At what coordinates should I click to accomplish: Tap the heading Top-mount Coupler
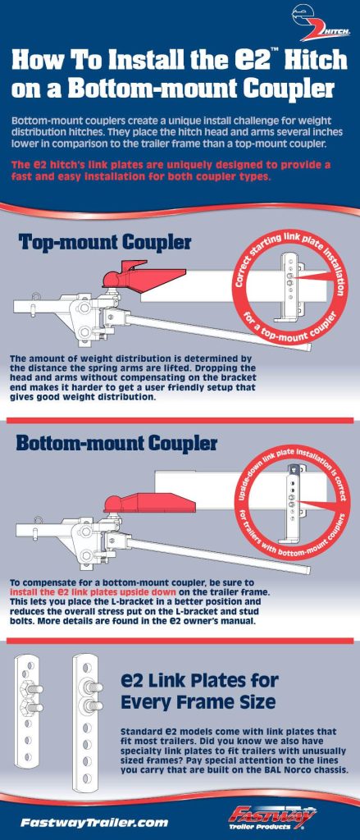(105, 242)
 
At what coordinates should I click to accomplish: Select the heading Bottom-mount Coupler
(116, 444)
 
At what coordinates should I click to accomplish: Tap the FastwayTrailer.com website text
(94, 822)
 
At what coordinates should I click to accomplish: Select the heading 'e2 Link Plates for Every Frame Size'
(199, 691)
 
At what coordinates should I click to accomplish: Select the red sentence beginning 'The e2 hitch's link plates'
(171, 170)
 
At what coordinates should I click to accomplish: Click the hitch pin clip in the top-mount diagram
(38, 295)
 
